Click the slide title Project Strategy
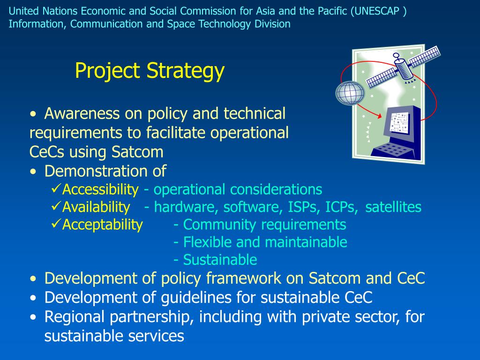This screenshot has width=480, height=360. pyautogui.click(x=150, y=71)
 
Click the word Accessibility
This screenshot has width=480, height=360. pyautogui.click(x=100, y=190)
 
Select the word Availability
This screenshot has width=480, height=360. pyautogui.click(x=96, y=207)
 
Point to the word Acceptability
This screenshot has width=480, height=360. pyautogui.click(x=102, y=225)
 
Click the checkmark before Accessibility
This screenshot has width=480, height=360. pyautogui.click(x=56, y=189)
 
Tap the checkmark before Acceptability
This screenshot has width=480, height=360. pyautogui.click(x=56, y=224)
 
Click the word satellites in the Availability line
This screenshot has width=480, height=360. pyautogui.click(x=393, y=207)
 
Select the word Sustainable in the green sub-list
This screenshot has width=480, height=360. pyautogui.click(x=220, y=260)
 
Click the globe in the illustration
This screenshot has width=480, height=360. pyautogui.click(x=350, y=92)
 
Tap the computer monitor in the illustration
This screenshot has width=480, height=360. pyautogui.click(x=401, y=124)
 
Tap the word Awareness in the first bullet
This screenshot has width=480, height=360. pyautogui.click(x=82, y=113)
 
